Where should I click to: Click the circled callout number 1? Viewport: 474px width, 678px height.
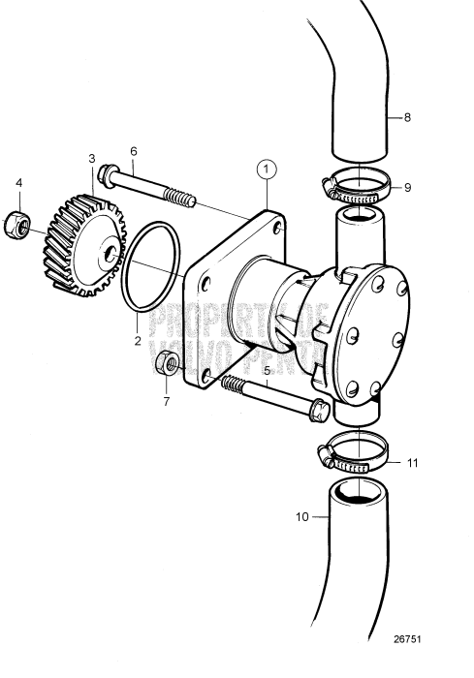267,169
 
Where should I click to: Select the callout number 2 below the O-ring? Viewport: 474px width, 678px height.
138,340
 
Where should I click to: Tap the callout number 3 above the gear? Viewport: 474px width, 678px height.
91,157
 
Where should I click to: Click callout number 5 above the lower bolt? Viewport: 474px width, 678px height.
268,369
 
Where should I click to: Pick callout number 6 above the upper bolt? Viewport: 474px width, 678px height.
133,151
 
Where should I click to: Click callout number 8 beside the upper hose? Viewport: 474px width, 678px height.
407,117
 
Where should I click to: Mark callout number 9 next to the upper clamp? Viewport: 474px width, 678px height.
407,188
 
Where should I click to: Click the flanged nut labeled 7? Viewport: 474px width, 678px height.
166,365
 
